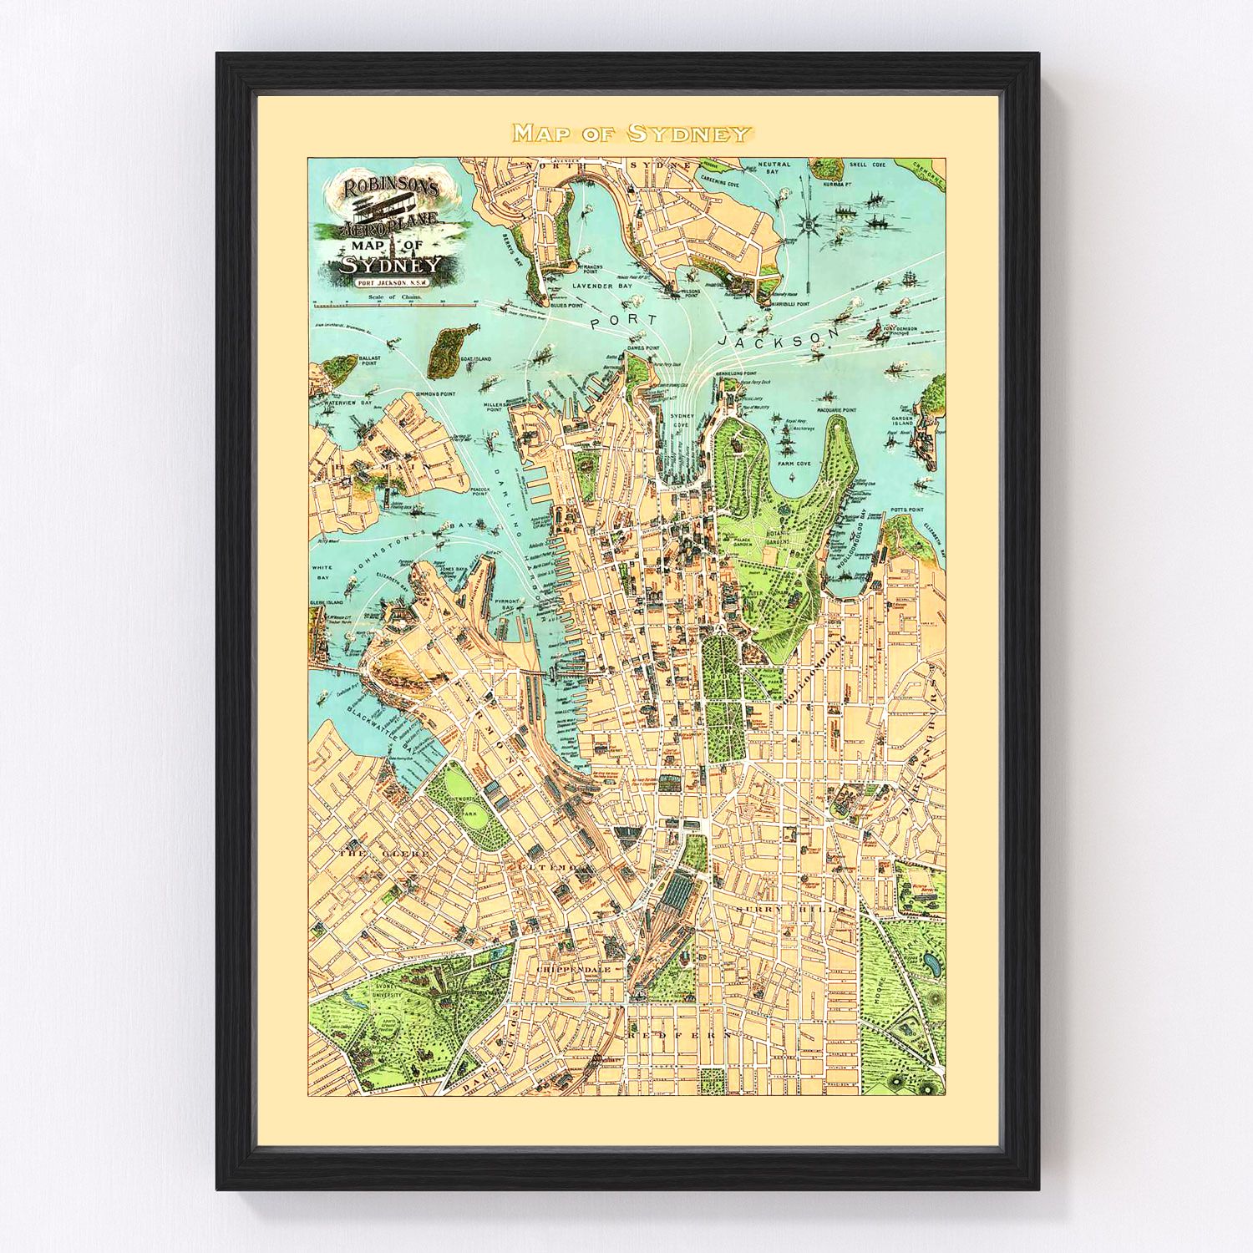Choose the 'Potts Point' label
pyautogui.click(x=906, y=509)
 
